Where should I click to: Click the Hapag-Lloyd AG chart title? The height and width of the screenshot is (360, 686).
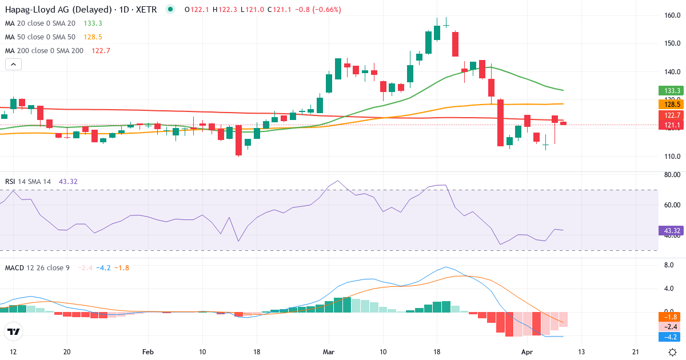click(80, 9)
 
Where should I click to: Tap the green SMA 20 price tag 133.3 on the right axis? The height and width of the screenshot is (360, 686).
click(669, 90)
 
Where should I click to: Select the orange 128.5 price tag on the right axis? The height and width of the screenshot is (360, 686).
click(669, 104)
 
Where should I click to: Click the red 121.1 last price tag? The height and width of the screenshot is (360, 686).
click(669, 125)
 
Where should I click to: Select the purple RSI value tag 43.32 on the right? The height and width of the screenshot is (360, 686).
click(670, 231)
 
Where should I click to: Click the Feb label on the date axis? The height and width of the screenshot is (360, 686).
click(148, 352)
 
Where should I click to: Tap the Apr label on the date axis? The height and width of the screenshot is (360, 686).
click(527, 352)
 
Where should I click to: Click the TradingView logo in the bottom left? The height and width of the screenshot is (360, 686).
click(14, 331)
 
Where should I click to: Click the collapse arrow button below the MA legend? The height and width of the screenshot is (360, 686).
click(13, 65)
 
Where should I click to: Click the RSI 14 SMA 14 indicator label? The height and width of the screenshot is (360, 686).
click(27, 182)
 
